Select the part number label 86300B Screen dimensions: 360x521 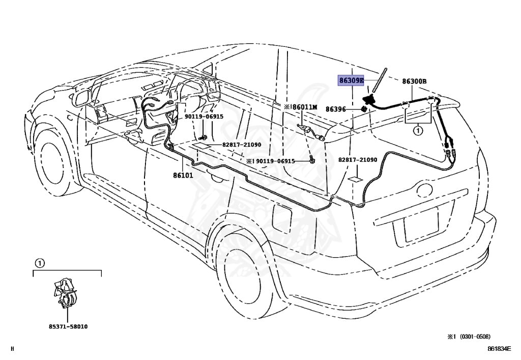(x=414, y=81)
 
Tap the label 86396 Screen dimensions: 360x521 (x=335, y=109)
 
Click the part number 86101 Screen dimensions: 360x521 (x=183, y=175)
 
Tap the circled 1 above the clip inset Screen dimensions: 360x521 (x=40, y=263)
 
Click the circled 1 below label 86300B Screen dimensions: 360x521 (x=418, y=131)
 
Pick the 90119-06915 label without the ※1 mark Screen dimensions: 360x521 (x=204, y=117)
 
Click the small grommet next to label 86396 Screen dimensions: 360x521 (x=365, y=109)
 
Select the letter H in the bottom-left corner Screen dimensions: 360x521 (x=13, y=349)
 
